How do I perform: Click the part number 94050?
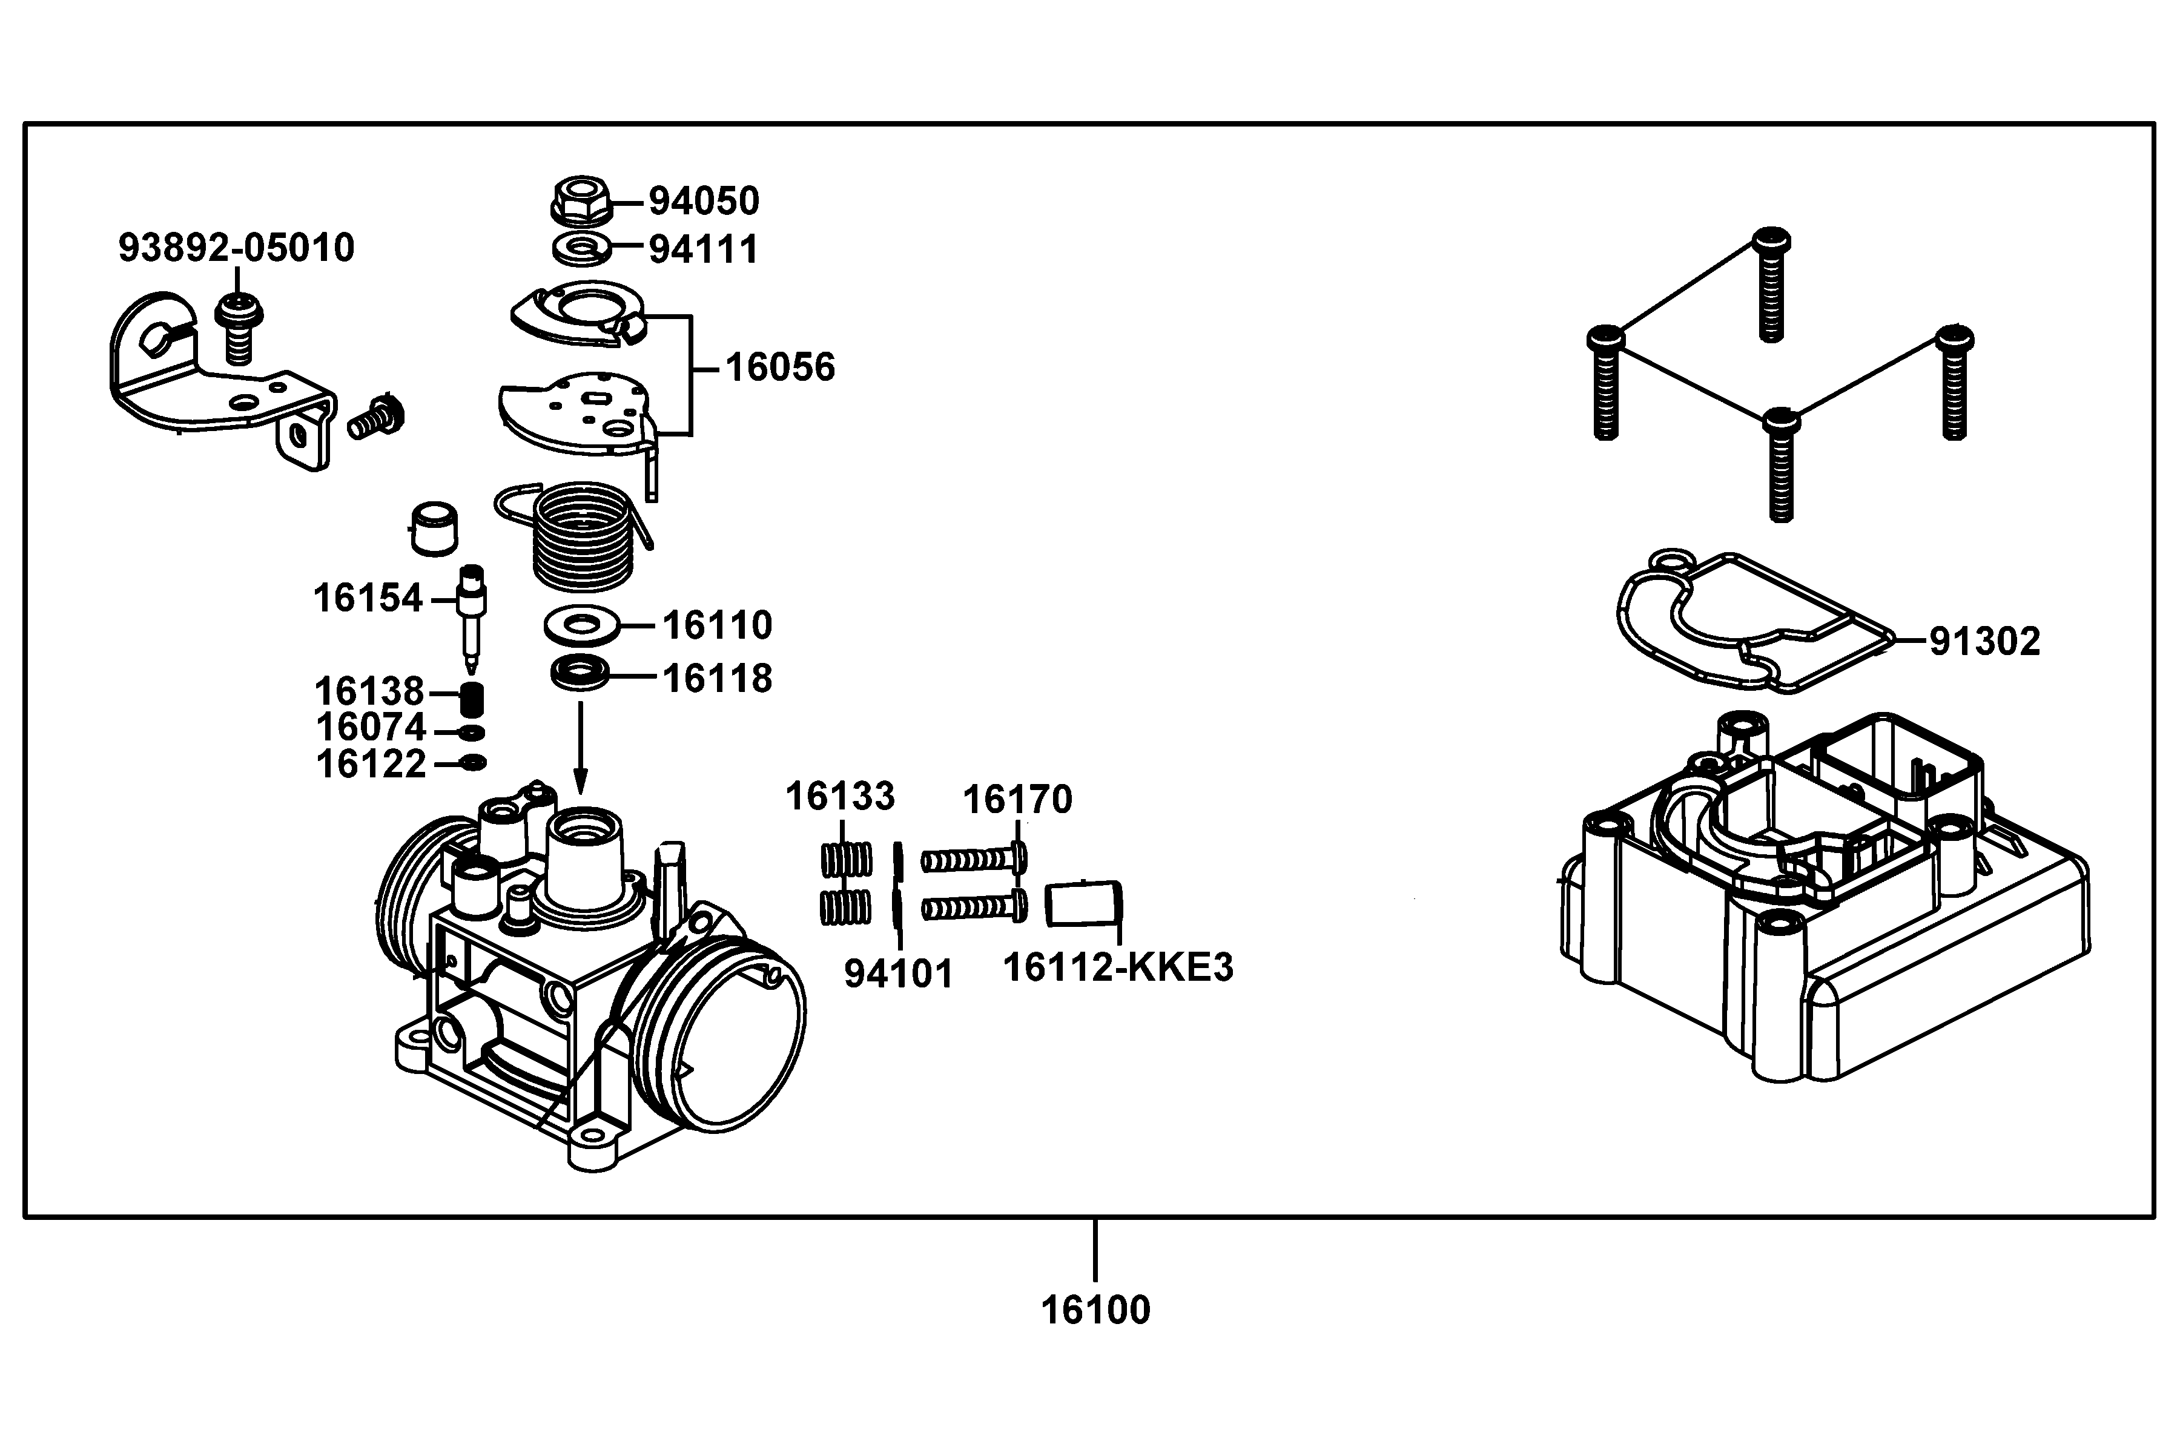pyautogui.click(x=704, y=201)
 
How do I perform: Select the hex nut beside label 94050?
pyautogui.click(x=581, y=201)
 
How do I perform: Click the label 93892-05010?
pyautogui.click(x=236, y=248)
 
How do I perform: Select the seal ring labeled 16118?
pyautogui.click(x=580, y=673)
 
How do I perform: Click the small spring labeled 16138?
pyautogui.click(x=473, y=699)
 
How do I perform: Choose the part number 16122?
pyautogui.click(x=371, y=765)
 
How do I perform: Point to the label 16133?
pyautogui.click(x=840, y=797)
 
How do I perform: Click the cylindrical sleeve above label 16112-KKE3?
pyautogui.click(x=1083, y=903)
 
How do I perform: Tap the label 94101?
pyautogui.click(x=898, y=975)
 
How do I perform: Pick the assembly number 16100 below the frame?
pyautogui.click(x=1095, y=1310)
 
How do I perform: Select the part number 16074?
pyautogui.click(x=371, y=728)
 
